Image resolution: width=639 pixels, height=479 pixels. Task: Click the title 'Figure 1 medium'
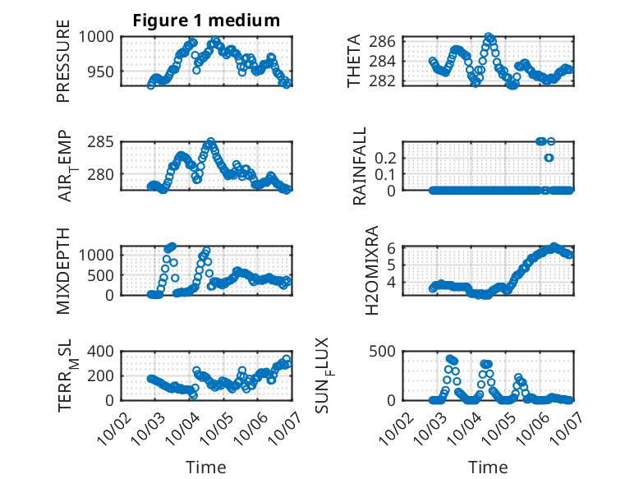206,21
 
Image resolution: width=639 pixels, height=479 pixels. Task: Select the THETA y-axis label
354,61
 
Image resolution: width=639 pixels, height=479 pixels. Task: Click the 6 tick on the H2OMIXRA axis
393,247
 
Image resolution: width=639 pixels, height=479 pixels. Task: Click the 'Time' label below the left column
206,467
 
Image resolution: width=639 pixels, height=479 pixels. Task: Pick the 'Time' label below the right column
488,467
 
